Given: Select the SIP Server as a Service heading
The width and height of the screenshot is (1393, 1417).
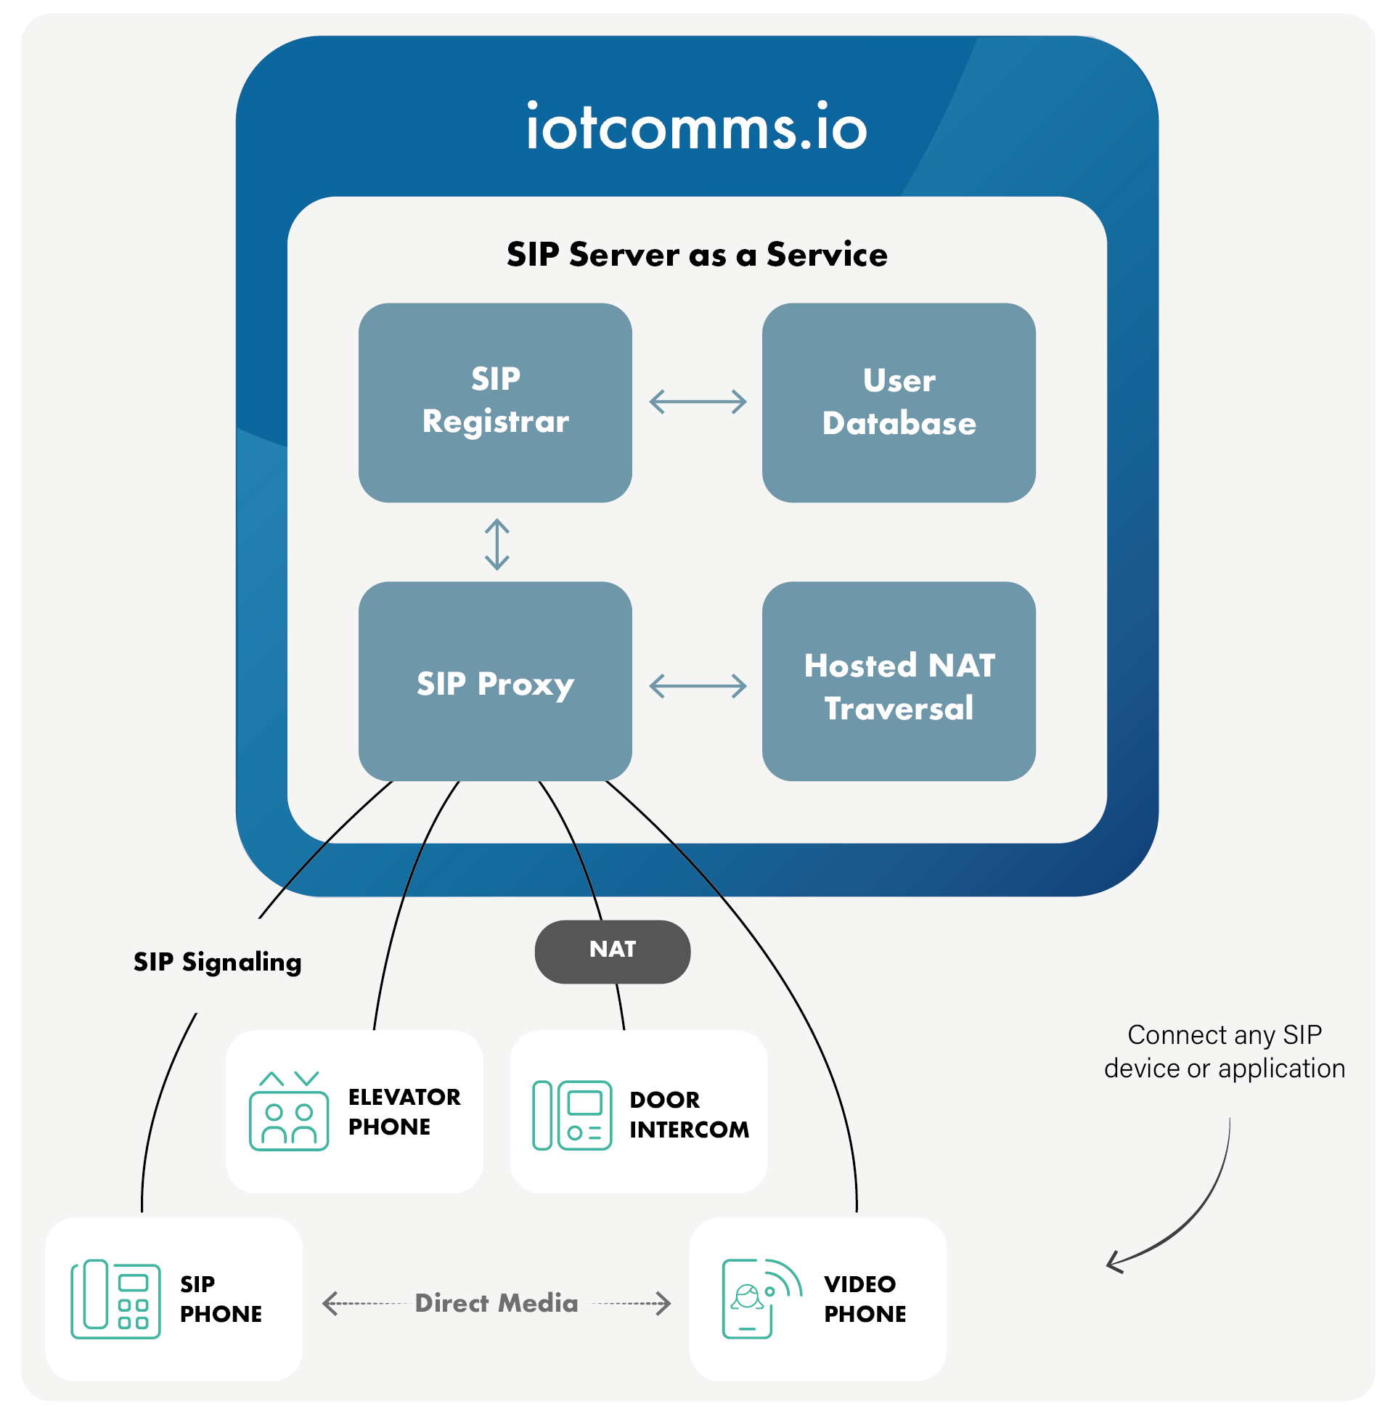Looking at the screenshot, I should click(697, 255).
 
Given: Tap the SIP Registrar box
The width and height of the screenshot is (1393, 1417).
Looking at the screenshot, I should click(495, 401).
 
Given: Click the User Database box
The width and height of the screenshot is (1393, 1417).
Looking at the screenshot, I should click(899, 401).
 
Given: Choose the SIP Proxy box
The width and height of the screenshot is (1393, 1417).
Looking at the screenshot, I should click(495, 682).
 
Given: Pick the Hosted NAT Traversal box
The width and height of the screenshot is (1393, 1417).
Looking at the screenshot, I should click(899, 683).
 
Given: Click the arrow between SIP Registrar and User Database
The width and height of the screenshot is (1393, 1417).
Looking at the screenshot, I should click(698, 401).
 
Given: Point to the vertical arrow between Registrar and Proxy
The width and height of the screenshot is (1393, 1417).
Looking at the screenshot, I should click(497, 544).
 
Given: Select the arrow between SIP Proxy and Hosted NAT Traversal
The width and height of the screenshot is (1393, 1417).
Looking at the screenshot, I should click(698, 685).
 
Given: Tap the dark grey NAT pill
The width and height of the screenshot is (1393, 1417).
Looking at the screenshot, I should click(613, 951).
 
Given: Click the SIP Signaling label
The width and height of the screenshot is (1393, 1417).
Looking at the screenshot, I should click(217, 962).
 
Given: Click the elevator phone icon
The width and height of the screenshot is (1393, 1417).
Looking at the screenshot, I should click(289, 1111).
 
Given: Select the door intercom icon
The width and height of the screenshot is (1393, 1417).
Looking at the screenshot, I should click(572, 1115).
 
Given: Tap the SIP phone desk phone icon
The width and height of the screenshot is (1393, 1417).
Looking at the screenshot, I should click(115, 1299).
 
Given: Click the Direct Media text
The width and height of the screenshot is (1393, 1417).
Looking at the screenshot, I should click(496, 1303).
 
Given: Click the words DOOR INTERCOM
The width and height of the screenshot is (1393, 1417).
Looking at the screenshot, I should click(688, 1114).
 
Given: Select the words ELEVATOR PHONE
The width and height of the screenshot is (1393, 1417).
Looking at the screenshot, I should click(404, 1111).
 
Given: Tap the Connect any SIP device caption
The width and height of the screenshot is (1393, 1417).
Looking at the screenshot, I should click(1224, 1051).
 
